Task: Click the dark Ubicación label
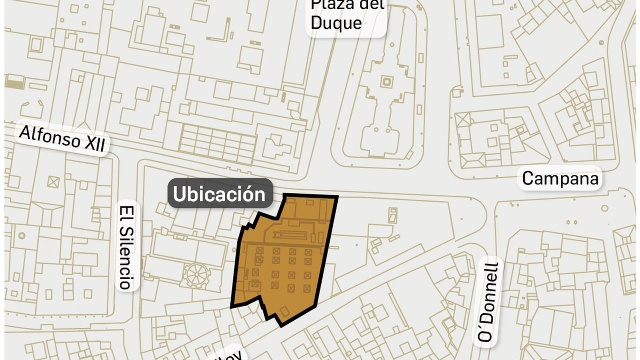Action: click(x=220, y=194)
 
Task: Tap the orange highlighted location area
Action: click(x=286, y=260)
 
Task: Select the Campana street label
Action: click(x=560, y=178)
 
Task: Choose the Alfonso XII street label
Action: click(x=62, y=138)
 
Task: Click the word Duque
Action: click(x=336, y=23)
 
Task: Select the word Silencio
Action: click(x=126, y=258)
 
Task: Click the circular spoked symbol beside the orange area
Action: click(x=196, y=274)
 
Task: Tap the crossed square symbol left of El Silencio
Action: click(x=53, y=182)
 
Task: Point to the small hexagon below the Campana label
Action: click(x=604, y=208)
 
